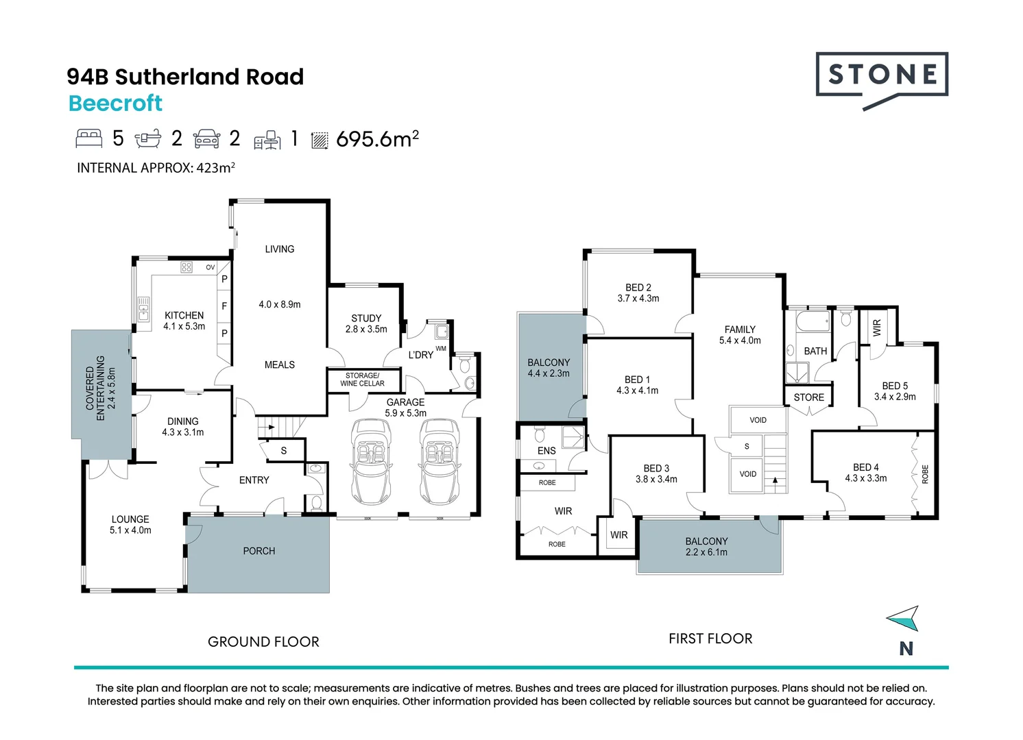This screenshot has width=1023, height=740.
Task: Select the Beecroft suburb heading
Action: coord(115,103)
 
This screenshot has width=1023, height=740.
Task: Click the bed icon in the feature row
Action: coord(88,138)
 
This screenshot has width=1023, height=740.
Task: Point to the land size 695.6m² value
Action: coord(377,139)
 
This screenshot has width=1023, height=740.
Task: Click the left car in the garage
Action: coord(371,460)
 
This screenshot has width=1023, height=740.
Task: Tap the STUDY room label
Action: coord(366,319)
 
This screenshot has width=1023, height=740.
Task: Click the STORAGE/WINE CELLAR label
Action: coord(362,380)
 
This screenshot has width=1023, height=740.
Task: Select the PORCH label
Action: coord(258,551)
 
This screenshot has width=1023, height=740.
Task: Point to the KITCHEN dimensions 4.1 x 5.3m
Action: coord(184,327)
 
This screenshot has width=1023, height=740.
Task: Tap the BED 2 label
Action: coord(638,288)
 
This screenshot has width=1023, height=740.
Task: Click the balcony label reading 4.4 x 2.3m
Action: coord(549,373)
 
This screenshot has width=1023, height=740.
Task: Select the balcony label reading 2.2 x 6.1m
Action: coord(706,552)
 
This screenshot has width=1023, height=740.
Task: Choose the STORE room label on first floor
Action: coord(808,397)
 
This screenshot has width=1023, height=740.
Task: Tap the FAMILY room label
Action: coord(739,330)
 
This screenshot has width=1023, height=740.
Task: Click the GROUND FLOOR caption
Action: coord(263,642)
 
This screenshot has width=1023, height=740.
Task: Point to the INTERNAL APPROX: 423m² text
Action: coord(156,168)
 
